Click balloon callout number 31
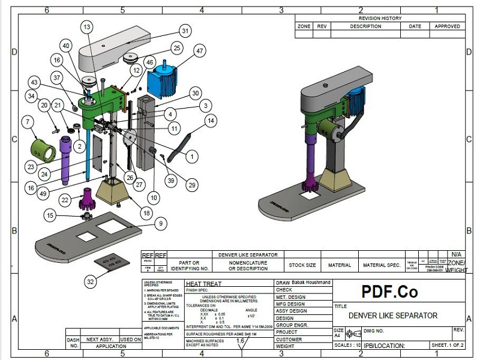(x=185, y=31)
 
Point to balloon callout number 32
(x=90, y=281)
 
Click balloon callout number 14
(x=210, y=120)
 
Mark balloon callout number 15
(x=50, y=215)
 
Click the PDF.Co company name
(x=389, y=292)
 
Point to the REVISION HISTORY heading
(x=380, y=19)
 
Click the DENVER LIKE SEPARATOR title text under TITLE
(x=392, y=315)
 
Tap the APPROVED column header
(x=447, y=26)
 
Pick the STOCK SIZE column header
(x=302, y=265)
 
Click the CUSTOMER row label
(x=289, y=339)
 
